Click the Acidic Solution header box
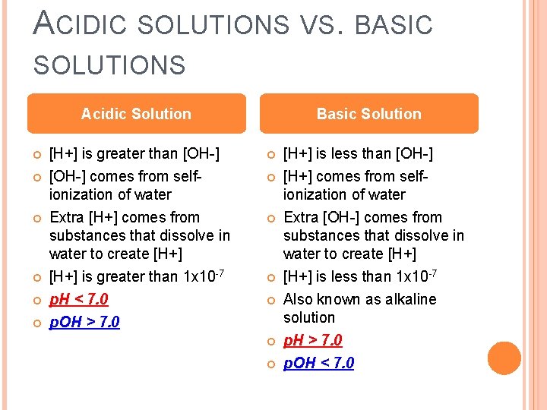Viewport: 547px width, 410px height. pyautogui.click(x=137, y=114)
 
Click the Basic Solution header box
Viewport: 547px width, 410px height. pyautogui.click(x=368, y=114)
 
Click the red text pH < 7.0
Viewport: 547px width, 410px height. pyautogui.click(x=79, y=299)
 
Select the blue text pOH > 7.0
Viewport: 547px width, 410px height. pyautogui.click(x=84, y=322)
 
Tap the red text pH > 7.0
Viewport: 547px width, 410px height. pyautogui.click(x=313, y=340)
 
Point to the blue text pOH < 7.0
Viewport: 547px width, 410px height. pyautogui.click(x=318, y=363)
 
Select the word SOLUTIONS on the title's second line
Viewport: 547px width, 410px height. pyautogui.click(x=109, y=65)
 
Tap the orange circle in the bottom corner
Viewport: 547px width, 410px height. pyautogui.click(x=504, y=358)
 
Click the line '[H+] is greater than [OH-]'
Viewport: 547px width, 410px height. pyautogui.click(x=134, y=154)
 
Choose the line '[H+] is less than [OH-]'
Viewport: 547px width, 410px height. pyautogui.click(x=358, y=154)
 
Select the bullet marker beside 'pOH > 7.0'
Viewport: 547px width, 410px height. pyautogui.click(x=34, y=323)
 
